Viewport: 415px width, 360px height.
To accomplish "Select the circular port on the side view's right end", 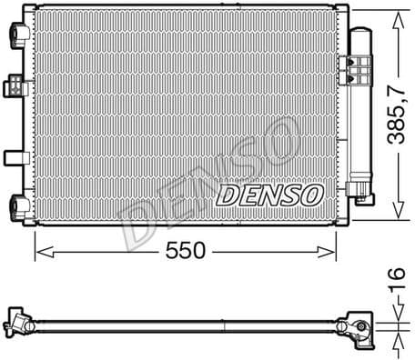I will coord(359,329).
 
